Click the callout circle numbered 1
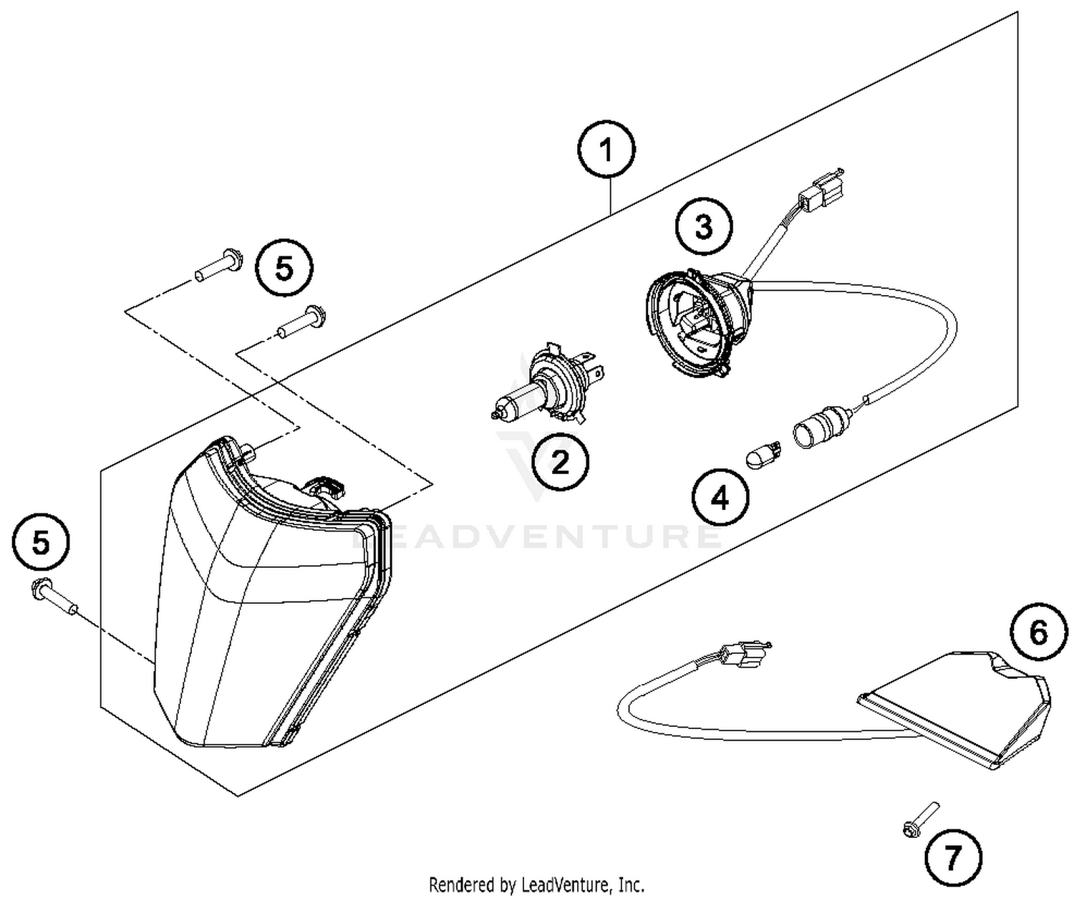point(606,151)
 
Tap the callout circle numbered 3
point(704,227)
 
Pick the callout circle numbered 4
point(720,496)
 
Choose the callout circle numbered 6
point(1038,632)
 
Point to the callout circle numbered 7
point(952,857)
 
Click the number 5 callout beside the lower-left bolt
point(41,543)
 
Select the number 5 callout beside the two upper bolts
point(284,269)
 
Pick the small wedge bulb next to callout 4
point(764,455)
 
